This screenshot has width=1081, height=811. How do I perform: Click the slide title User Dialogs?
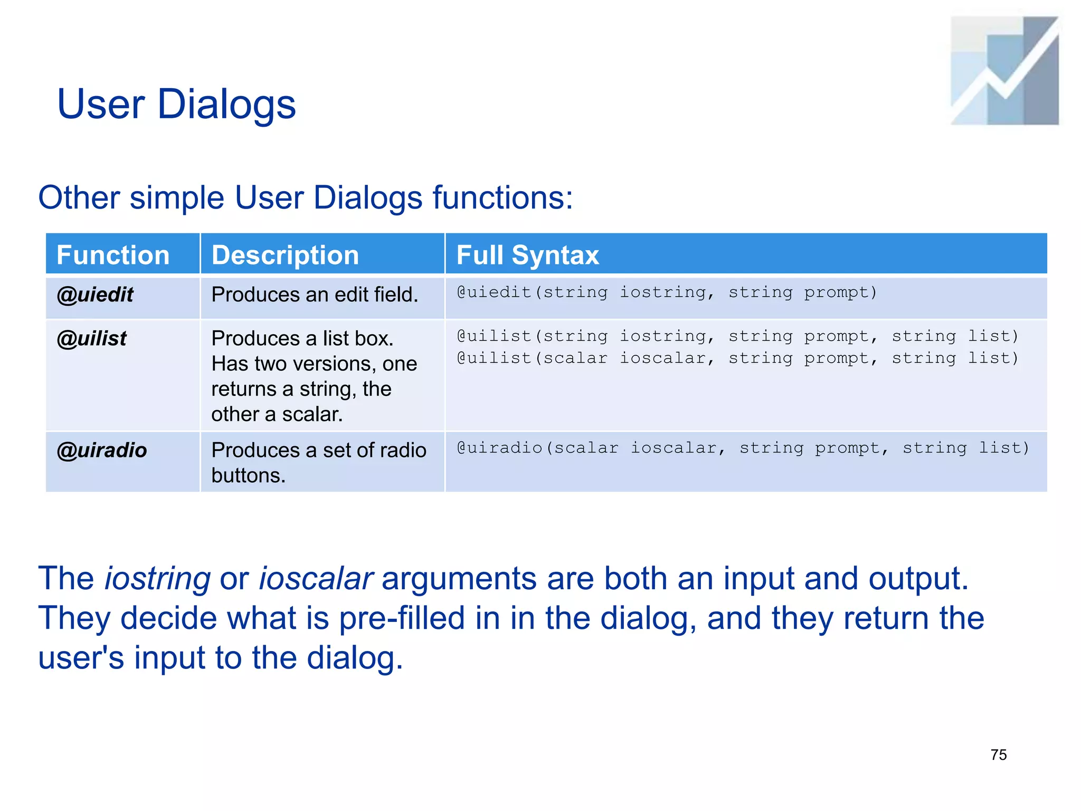(x=176, y=104)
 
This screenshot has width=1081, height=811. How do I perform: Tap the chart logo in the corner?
(x=1004, y=71)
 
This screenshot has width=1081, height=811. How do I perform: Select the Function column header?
(x=113, y=255)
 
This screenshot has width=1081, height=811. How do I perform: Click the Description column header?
(x=285, y=255)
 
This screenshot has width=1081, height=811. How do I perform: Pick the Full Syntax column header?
(x=527, y=255)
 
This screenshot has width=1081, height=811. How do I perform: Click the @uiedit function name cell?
(x=95, y=295)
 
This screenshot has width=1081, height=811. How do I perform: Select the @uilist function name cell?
(x=92, y=338)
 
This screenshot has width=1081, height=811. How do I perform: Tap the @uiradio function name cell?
(x=102, y=450)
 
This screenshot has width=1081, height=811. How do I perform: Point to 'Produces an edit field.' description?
(x=315, y=295)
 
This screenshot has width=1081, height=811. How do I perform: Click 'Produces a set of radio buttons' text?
(x=318, y=463)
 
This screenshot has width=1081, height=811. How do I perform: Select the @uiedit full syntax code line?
(x=666, y=292)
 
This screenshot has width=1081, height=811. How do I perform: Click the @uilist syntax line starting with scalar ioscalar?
(x=737, y=358)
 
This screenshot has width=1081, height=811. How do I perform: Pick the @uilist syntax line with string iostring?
(x=737, y=336)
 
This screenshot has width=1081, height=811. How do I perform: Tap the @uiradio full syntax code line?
(x=743, y=448)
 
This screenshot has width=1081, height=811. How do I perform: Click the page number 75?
(x=999, y=755)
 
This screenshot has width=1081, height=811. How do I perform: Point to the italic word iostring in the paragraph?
(x=158, y=578)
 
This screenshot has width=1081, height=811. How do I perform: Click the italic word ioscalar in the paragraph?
(x=316, y=578)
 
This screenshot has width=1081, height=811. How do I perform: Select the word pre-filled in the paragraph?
(x=402, y=618)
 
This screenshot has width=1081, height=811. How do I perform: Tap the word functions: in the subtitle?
(x=502, y=198)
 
